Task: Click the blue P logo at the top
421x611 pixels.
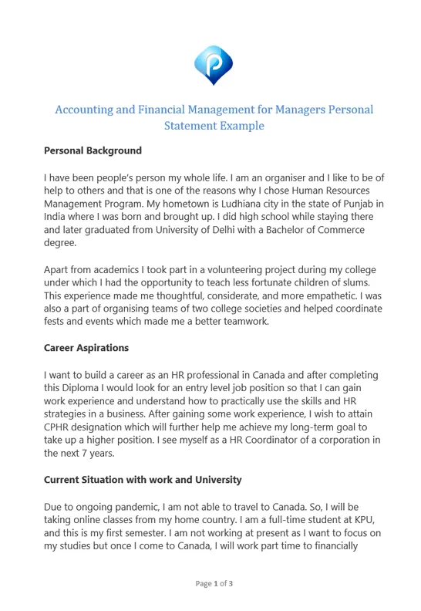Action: click(x=213, y=65)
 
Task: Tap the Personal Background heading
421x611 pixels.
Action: click(x=93, y=150)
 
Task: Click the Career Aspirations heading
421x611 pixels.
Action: click(x=86, y=348)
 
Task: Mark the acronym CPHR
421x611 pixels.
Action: click(x=59, y=427)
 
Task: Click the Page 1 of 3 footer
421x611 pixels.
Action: click(x=214, y=584)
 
